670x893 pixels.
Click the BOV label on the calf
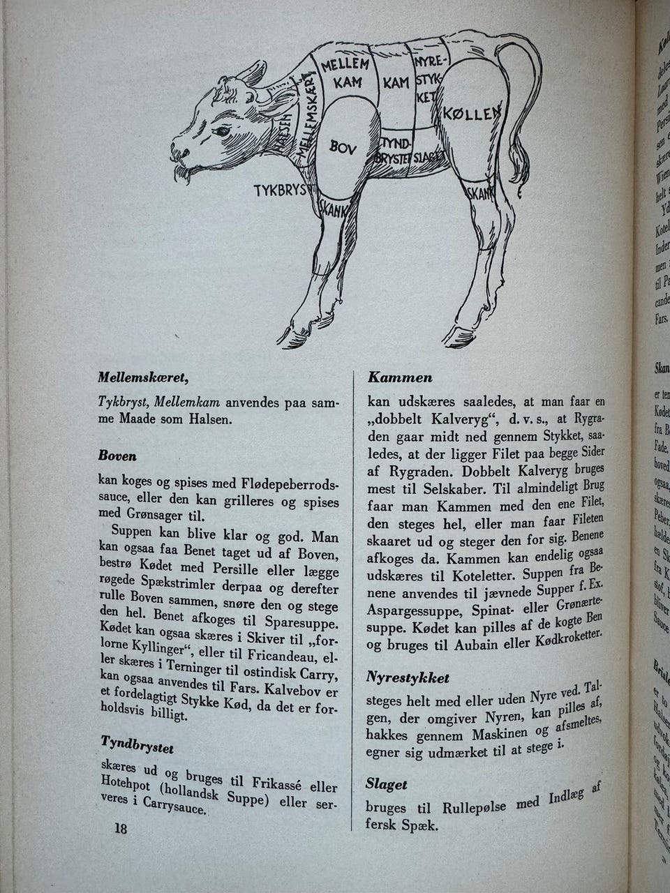(x=343, y=147)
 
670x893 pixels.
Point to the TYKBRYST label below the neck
(x=280, y=189)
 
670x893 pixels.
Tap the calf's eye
(x=223, y=130)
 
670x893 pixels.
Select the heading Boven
(x=117, y=456)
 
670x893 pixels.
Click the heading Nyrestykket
(x=407, y=677)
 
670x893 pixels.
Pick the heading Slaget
(x=386, y=784)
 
